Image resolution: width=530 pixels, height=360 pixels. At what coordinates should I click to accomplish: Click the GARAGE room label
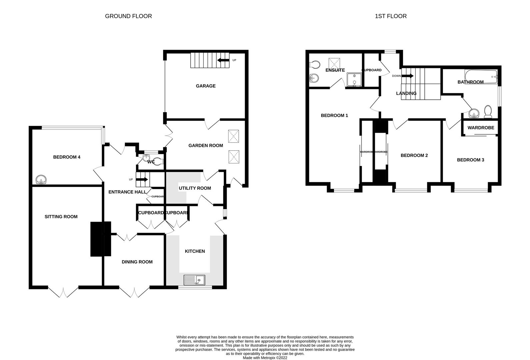pyautogui.click(x=205, y=86)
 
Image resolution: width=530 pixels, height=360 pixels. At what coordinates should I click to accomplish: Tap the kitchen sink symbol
pyautogui.click(x=194, y=280)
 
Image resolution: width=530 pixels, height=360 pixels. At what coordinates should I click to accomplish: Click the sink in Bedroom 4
pyautogui.click(x=41, y=180)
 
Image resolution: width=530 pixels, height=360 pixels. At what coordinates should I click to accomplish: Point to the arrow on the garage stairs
pyautogui.click(x=223, y=60)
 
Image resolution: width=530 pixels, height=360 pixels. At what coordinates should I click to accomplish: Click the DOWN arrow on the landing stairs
pyautogui.click(x=407, y=76)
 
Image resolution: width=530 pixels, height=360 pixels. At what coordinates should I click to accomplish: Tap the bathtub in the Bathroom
pyautogui.click(x=480, y=76)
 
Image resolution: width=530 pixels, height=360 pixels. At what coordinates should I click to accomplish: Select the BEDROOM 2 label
pyautogui.click(x=414, y=155)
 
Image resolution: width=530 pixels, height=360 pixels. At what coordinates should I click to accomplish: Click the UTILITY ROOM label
pyautogui.click(x=195, y=188)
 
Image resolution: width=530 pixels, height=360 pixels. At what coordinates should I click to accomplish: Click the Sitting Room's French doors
pyautogui.click(x=63, y=292)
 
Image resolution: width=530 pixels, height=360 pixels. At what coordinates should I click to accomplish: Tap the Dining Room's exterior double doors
pyautogui.click(x=135, y=292)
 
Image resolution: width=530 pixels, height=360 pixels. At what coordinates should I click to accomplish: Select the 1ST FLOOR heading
pyautogui.click(x=391, y=16)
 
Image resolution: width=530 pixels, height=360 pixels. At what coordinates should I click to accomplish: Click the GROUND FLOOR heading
pyautogui.click(x=128, y=16)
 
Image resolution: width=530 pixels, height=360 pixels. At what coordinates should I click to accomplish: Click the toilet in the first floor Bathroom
pyautogui.click(x=488, y=112)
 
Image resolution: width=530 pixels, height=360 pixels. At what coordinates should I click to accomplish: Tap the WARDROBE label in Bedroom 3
pyautogui.click(x=481, y=128)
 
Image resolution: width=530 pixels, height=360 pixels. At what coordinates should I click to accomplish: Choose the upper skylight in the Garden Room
pyautogui.click(x=233, y=136)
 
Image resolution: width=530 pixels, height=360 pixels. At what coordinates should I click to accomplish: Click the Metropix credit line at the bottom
pyautogui.click(x=265, y=358)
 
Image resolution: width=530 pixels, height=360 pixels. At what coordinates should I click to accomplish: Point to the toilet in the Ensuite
pyautogui.click(x=315, y=64)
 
